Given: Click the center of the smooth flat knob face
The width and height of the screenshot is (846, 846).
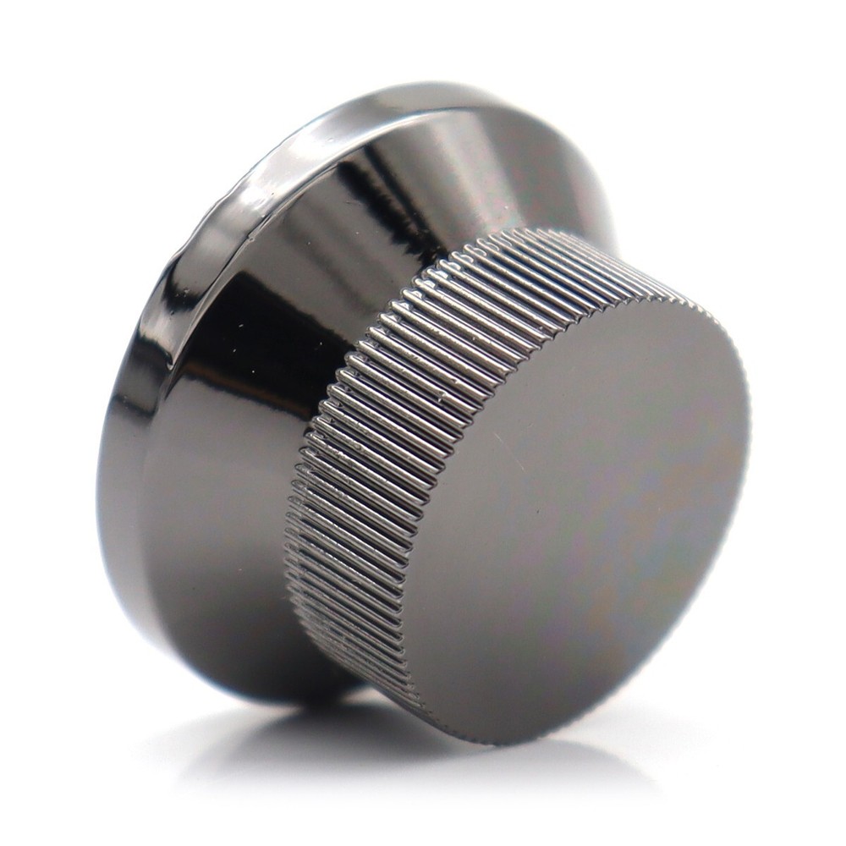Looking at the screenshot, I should tap(575, 516).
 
